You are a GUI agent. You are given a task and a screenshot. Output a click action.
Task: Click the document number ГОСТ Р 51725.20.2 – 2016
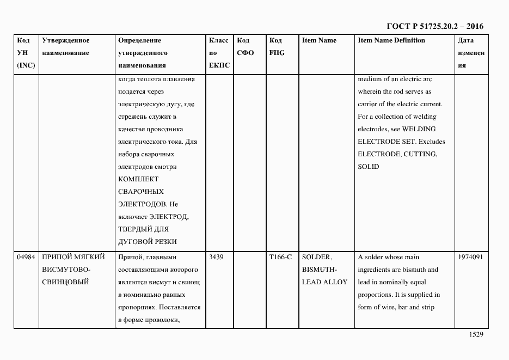coord(434,26)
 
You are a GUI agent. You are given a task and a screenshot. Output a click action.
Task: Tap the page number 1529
coord(476,335)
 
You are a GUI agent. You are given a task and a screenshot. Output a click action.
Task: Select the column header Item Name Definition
coord(391,40)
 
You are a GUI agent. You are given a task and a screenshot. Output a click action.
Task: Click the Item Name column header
coord(319,40)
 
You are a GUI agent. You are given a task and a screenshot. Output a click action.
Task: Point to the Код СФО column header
coord(245,47)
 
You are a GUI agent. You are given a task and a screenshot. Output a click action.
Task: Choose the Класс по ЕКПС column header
coord(219,53)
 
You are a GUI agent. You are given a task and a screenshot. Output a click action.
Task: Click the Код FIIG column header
coord(277,47)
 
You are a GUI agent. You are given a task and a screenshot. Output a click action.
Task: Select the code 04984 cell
coord(26,257)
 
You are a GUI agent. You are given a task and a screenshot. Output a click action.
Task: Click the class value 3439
coord(216,257)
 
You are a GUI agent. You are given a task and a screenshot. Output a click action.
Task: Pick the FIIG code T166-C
coord(280,257)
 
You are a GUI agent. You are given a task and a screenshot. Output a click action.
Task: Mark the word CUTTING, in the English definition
coord(420,154)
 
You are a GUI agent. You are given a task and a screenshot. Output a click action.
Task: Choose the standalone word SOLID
coord(369,167)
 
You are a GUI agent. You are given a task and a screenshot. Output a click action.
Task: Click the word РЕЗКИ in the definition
coord(165,242)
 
